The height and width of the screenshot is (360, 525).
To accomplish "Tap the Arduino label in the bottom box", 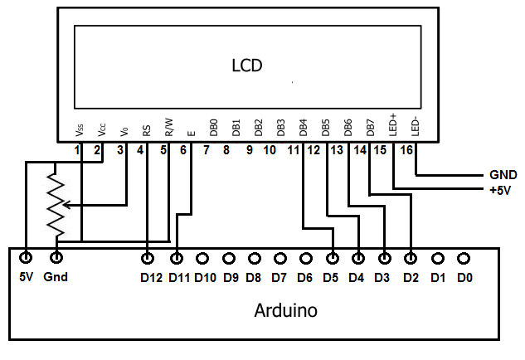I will [285, 311].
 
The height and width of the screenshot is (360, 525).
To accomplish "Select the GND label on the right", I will [503, 175].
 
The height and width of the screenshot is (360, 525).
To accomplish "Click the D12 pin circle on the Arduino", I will [148, 257].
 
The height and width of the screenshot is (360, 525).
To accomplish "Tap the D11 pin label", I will [179, 278].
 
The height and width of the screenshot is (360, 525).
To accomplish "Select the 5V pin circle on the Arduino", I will [27, 257].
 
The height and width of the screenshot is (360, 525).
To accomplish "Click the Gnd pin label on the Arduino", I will [56, 278].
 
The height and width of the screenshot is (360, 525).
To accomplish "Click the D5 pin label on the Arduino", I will [331, 278].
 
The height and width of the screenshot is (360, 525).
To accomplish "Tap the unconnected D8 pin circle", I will [254, 257].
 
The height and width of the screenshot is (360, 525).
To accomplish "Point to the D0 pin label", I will [464, 278].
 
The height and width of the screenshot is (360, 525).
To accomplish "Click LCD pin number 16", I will [406, 150].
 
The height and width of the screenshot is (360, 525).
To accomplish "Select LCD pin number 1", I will [76, 150].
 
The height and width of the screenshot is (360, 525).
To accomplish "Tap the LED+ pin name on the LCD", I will [393, 124].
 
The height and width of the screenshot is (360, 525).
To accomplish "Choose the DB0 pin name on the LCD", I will [213, 126].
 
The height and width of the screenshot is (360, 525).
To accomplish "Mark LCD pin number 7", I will [206, 150].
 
